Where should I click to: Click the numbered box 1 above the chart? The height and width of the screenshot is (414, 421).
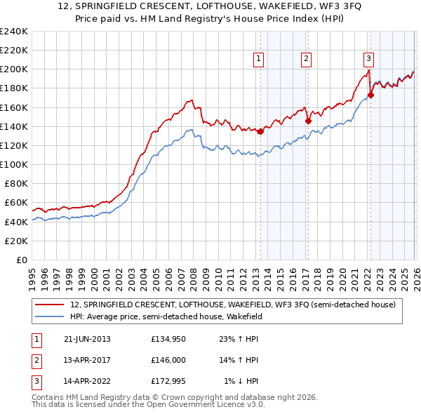(260, 59)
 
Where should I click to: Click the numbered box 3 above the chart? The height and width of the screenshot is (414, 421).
(369, 59)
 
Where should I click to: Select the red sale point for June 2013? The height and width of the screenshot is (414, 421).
(260, 131)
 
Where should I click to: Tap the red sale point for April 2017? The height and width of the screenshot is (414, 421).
(308, 121)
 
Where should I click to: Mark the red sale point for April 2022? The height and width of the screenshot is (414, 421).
(370, 95)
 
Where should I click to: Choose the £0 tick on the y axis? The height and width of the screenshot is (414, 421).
(21, 260)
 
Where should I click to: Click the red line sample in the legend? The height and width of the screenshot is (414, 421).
(51, 305)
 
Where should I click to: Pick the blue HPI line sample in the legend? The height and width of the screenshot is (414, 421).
(51, 316)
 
